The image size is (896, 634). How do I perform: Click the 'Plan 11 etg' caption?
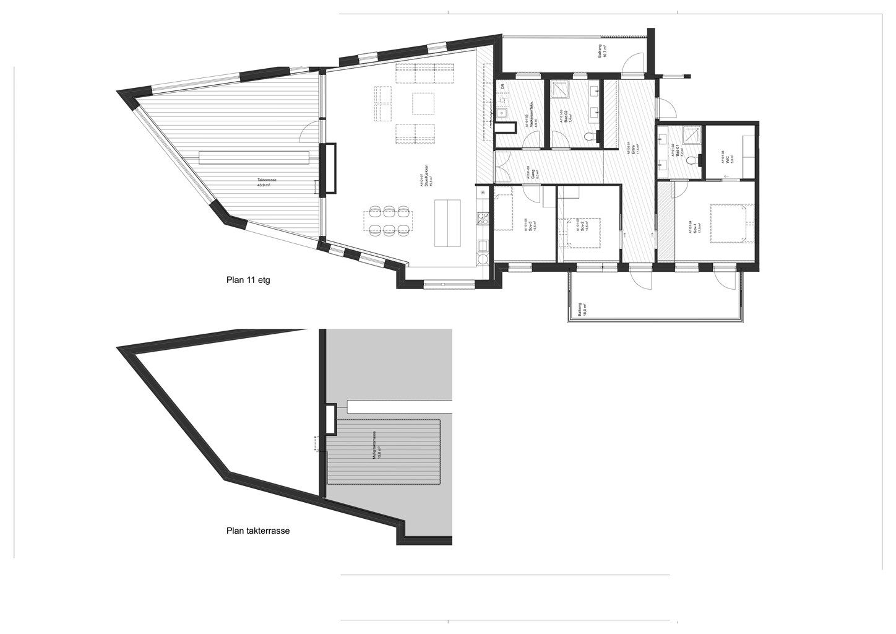(x=248, y=280)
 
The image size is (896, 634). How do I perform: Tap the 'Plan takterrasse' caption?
(x=258, y=531)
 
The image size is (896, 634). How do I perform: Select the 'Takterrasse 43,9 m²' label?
(x=267, y=183)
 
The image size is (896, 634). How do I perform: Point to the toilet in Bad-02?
(x=589, y=137)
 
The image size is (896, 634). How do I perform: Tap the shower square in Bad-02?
(x=561, y=91)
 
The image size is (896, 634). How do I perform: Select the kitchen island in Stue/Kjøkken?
(x=447, y=222)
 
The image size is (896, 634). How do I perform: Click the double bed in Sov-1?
(x=731, y=224)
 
